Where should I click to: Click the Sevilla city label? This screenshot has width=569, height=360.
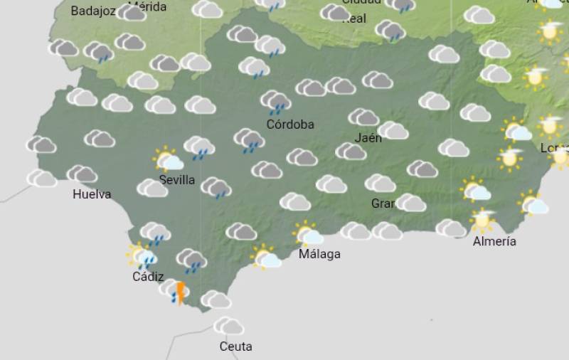coord(177,180)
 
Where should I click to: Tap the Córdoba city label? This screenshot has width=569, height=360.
coord(290,125)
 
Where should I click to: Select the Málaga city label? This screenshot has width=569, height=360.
coord(319,254)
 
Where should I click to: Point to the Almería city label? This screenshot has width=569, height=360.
coord(494,241)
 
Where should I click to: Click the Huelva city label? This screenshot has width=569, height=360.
coord(92,194)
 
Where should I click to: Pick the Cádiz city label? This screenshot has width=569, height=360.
coord(148,277)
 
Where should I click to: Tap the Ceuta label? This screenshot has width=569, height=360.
coord(235,346)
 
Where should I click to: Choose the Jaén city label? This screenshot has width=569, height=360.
coord(368,138)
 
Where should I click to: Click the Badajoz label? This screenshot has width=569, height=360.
coord(93,11)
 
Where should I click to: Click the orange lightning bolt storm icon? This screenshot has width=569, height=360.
coord(180,292)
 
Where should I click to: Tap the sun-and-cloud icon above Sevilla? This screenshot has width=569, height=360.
coord(169,159)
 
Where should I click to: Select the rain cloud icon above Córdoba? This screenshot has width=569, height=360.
coord(275,102)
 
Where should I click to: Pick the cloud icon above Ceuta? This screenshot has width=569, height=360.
coord(229,326)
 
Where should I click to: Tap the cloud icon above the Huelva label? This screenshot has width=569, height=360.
coord(83,174)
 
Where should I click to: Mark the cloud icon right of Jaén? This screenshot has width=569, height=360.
coord(393,130)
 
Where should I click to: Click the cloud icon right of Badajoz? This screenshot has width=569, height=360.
coord(131,12)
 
